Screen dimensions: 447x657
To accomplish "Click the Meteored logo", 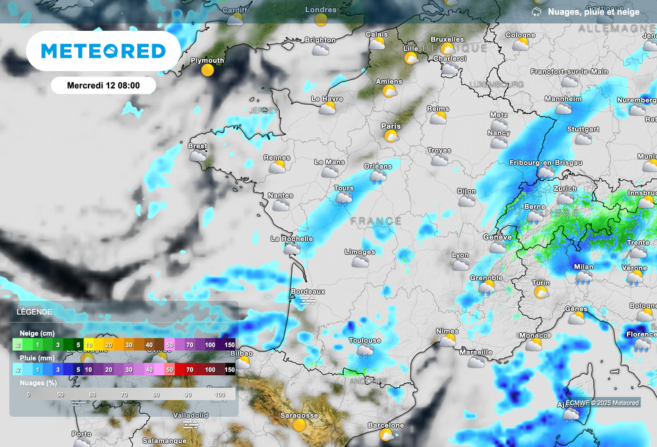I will point(103,51).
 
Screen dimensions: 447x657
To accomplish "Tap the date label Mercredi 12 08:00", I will point(103,85).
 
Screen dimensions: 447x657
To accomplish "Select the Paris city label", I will point(391,126).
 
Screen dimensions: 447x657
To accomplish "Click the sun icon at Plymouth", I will point(207,70).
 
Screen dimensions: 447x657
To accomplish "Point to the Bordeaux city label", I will point(308,291).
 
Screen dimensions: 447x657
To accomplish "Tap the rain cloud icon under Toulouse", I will point(365,350).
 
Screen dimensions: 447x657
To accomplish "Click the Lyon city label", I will point(460,255).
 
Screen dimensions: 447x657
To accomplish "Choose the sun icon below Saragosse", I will point(299,425).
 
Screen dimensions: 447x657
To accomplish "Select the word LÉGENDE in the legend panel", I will point(35,312).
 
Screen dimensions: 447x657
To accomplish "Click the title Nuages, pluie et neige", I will point(593,12).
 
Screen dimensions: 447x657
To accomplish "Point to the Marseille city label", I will point(476,352).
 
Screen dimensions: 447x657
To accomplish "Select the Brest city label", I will point(197,146).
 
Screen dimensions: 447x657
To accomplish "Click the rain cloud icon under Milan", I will point(584,277).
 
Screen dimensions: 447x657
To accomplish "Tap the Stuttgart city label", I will point(583,129).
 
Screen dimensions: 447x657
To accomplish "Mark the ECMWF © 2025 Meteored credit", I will point(602,403).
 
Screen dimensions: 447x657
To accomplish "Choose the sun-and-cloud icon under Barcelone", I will point(386,435).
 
